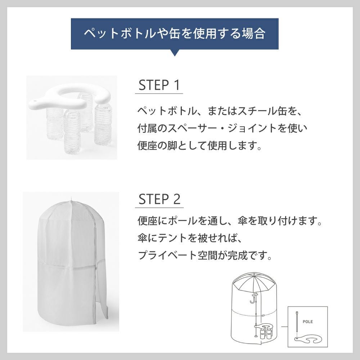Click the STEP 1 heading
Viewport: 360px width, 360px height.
pos(159,86)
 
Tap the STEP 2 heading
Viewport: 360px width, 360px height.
pos(159,199)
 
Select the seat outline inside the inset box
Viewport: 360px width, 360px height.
pos(308,339)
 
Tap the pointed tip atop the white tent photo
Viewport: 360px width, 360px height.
pos(72,199)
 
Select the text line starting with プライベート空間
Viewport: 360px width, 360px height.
pos(204,256)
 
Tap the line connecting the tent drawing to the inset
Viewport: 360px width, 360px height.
pos(284,327)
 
